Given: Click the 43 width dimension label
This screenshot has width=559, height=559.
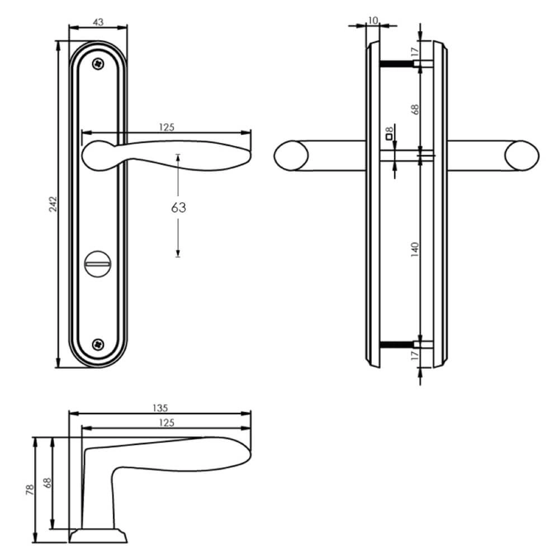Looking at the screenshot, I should [98, 22].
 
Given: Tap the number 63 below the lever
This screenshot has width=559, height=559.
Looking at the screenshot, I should [178, 208].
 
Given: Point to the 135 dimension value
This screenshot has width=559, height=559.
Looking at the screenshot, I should [160, 408].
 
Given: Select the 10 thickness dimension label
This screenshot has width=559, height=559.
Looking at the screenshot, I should [373, 21].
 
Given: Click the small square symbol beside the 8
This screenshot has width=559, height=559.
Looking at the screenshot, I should [389, 136].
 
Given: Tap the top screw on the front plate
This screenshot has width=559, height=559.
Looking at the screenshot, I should [99, 64].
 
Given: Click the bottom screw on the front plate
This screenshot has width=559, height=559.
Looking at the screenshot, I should [99, 344].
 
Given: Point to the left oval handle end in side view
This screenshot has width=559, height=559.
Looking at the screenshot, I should [292, 155].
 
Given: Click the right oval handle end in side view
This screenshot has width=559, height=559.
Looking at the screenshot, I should [522, 155].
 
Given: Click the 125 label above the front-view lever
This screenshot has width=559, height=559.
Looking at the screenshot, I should [167, 127].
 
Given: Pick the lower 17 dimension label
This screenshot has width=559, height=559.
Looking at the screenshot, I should [414, 356].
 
